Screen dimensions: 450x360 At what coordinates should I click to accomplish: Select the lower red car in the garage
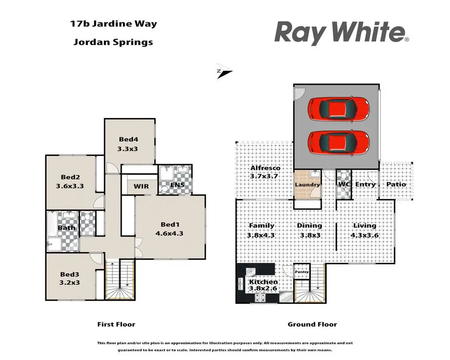tap(338, 143)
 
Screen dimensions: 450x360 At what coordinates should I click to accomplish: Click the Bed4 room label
tap(129, 140)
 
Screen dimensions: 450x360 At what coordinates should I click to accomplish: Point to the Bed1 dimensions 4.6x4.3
tap(169, 234)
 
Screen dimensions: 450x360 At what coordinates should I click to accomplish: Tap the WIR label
tap(141, 187)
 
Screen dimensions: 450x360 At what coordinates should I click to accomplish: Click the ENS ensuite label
tap(177, 186)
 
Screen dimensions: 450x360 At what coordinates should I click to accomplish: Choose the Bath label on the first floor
tap(66, 228)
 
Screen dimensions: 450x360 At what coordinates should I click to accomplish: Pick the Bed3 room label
tap(70, 274)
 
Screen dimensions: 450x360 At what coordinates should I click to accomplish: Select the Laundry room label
tap(307, 185)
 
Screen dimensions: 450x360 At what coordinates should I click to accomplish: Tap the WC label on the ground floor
tap(344, 184)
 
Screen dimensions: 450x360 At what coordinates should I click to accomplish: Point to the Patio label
tap(396, 184)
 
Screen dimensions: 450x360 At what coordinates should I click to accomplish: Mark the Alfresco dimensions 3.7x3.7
tap(265, 176)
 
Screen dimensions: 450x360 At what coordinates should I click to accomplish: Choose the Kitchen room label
tap(263, 282)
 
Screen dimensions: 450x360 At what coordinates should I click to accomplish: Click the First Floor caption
tap(116, 324)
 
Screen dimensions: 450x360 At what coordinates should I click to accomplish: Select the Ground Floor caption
tap(312, 324)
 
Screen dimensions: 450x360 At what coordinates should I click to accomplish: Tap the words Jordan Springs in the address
tap(113, 42)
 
